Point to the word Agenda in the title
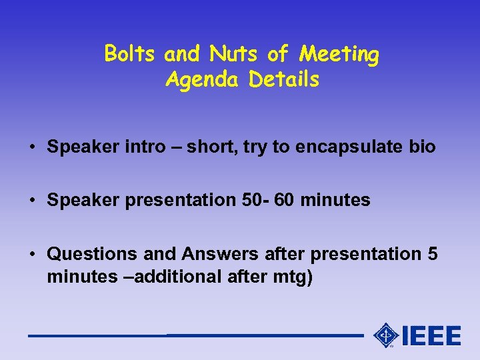coord(203,81)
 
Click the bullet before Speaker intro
coord(32,147)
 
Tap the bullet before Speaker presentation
coord(32,200)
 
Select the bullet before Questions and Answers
coord(32,254)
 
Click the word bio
coord(423,147)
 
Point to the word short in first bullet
coord(211,147)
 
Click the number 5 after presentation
coord(433,254)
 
